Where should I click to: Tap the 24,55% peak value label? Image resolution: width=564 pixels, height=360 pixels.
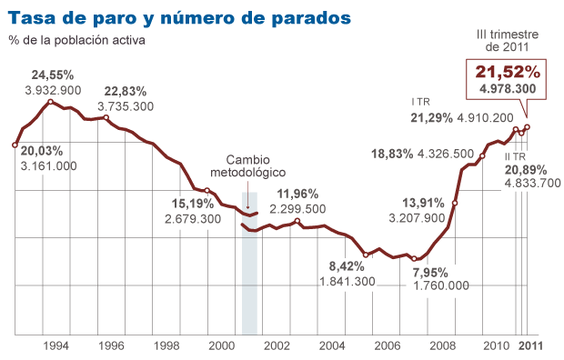54,75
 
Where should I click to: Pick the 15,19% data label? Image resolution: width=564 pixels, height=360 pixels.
192,203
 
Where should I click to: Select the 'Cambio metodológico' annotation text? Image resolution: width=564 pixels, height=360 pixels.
248,165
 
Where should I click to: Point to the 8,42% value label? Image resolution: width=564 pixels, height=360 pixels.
347,265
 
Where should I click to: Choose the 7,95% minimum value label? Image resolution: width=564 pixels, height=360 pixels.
431,271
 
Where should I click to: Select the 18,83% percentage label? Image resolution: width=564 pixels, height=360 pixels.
394,154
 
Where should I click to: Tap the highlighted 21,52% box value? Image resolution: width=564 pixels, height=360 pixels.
507,71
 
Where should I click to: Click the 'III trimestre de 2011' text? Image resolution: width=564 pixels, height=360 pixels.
508,40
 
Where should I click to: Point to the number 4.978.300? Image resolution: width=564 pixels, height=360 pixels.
507,88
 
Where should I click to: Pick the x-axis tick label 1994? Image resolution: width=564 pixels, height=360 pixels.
56,346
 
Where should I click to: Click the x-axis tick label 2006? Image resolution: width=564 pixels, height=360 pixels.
387,346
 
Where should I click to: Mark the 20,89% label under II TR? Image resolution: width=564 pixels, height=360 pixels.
527,169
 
